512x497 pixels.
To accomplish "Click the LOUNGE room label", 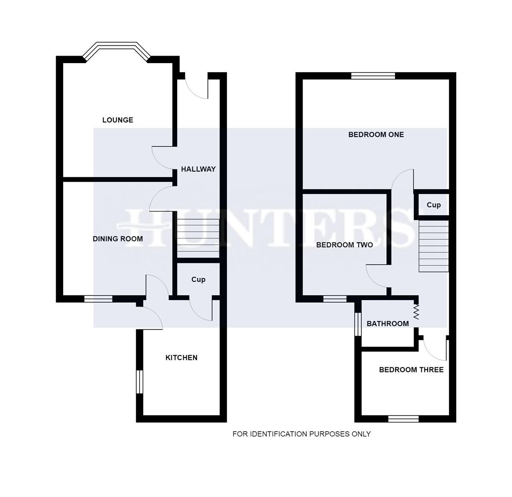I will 117,120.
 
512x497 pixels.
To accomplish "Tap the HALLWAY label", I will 198,169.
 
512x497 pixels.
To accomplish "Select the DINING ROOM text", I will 117,239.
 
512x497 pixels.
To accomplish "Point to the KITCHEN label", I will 181,358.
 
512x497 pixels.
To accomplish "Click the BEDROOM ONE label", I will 376,135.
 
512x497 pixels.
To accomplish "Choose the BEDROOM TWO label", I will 344,245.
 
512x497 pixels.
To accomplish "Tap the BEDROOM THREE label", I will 411,370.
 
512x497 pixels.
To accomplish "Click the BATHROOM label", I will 388,324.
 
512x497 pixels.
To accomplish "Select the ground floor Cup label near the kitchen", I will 198,279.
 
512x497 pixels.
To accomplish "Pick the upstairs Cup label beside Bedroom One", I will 433,205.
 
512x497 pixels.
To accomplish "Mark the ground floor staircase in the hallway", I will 198,238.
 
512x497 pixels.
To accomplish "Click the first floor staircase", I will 433,246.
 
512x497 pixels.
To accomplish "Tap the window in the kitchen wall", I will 140,382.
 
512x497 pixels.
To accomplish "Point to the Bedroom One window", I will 373,76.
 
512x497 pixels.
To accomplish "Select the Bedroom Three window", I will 403,419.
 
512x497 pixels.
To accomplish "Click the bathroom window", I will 358,324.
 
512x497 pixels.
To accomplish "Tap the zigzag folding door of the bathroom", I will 416,312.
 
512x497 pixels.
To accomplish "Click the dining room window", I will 98,299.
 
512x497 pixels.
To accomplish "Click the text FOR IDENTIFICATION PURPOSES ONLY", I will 301,434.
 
